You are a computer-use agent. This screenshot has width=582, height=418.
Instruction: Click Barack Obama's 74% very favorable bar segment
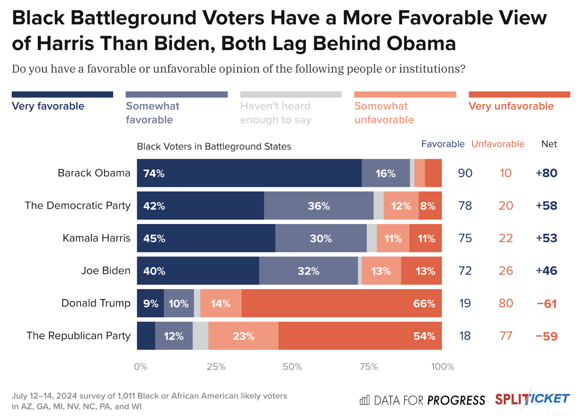[x=249, y=173]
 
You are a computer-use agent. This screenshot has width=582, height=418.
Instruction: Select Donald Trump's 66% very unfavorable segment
[x=341, y=303]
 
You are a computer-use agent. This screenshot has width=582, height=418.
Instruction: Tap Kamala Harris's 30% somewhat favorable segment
[x=321, y=238]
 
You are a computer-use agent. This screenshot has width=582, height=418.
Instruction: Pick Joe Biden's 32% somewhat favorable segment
[x=308, y=271]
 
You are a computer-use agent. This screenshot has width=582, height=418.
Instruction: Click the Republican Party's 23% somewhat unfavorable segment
[x=243, y=336]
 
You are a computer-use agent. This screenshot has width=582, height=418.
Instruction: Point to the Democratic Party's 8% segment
[x=430, y=206]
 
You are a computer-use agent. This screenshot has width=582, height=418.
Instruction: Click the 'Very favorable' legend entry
[x=48, y=106]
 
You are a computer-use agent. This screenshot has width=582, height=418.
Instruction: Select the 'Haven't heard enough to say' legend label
[x=275, y=113]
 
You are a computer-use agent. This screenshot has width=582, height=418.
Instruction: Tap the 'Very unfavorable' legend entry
[x=511, y=106]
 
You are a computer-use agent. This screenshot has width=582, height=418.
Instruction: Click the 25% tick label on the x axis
[x=216, y=367]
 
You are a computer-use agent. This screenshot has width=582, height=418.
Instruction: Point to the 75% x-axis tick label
[x=369, y=367]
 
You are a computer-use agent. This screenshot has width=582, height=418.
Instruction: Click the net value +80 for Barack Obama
[x=547, y=173]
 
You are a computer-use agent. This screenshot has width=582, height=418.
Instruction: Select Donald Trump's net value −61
[x=547, y=303]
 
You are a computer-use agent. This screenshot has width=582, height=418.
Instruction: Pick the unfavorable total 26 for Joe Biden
[x=506, y=271]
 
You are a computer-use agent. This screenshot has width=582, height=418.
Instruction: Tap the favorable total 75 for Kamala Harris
[x=465, y=238]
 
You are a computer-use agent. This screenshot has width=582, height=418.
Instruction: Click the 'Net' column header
[x=549, y=144]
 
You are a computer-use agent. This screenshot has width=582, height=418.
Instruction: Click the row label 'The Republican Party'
[x=78, y=335]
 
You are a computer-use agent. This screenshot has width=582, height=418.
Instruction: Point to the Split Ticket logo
[x=532, y=399]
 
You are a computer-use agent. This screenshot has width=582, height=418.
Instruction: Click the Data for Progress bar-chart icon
[x=365, y=400]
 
